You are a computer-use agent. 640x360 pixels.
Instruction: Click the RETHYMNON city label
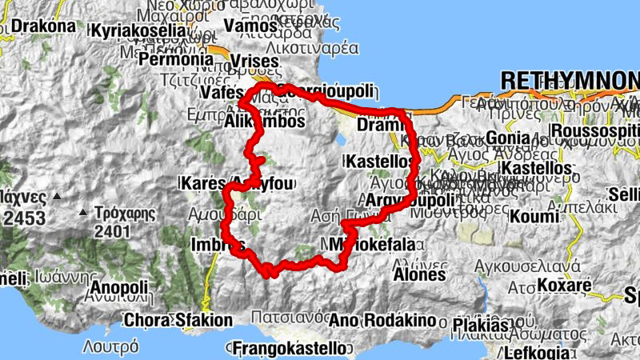(x=569, y=80)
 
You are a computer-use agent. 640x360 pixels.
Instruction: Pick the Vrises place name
(x=252, y=61)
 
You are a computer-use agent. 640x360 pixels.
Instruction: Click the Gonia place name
(x=507, y=138)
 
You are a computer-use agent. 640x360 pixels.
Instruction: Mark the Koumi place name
(x=534, y=216)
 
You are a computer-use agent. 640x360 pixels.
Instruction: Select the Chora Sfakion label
(x=178, y=321)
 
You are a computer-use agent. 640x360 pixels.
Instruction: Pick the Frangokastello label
(x=290, y=348)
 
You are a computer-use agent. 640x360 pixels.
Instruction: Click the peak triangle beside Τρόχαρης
(x=83, y=213)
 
